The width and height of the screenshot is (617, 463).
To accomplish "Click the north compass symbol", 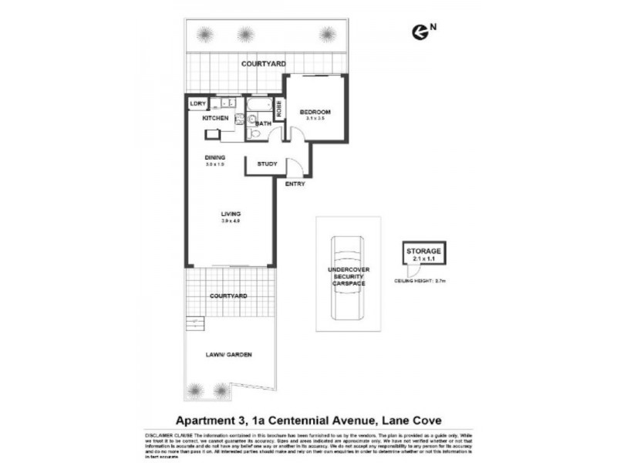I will (420, 30).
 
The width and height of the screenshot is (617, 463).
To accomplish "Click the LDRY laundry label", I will (197, 103).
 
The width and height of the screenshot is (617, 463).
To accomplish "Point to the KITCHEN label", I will (215, 118).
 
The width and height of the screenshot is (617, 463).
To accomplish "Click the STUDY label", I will (267, 164).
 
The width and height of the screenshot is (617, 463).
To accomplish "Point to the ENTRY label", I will (295, 184).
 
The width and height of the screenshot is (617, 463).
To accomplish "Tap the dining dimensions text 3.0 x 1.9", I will (214, 165).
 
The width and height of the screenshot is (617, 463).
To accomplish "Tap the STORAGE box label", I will (423, 252).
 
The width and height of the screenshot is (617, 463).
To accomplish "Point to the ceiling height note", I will (421, 282).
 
